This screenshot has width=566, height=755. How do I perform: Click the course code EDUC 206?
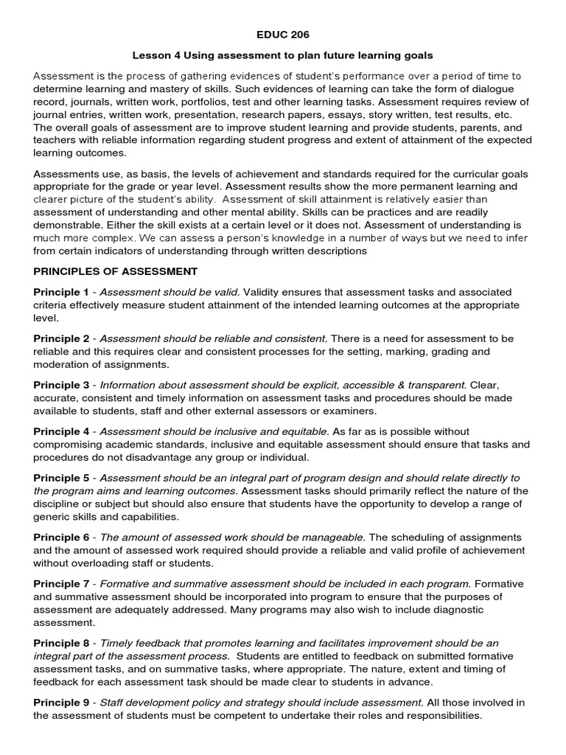pos(283,35)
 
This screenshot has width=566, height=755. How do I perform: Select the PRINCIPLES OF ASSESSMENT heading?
pos(115,271)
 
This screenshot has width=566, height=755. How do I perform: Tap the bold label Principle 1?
pos(61,293)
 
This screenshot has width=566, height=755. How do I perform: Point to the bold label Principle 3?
pos(61,385)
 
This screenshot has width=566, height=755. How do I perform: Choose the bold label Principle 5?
pos(61,478)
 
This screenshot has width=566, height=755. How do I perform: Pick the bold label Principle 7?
pos(61,584)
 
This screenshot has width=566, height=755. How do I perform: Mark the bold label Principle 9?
pos(61,703)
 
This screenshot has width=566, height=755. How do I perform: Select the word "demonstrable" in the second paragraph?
pos(68,225)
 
